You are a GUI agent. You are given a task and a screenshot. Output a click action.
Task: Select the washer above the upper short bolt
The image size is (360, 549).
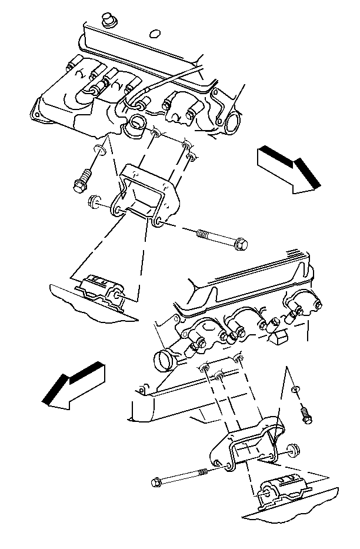click(x=99, y=151)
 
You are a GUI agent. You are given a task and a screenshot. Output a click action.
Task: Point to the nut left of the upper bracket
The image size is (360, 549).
click(x=92, y=204)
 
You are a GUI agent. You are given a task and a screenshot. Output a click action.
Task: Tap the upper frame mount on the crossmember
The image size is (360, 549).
click(x=101, y=290)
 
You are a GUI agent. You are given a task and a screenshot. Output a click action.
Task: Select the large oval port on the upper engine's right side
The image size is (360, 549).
click(x=231, y=121)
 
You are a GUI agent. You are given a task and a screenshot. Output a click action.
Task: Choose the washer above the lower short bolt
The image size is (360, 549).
click(x=295, y=390)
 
